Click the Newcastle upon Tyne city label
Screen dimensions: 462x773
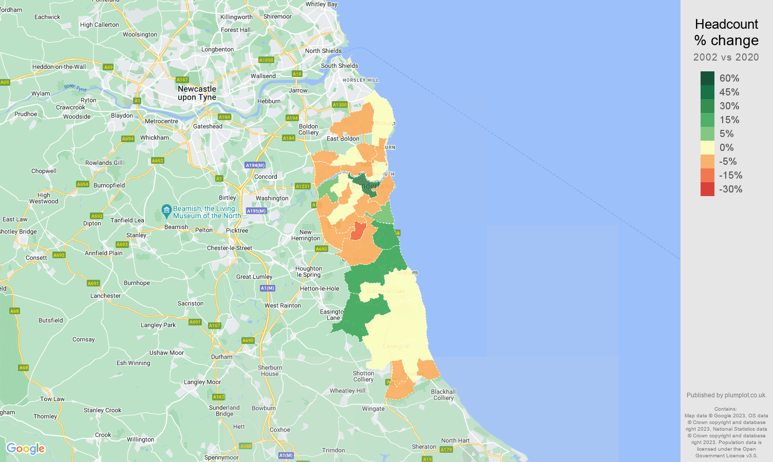click(x=197, y=93)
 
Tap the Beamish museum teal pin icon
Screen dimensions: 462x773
click(x=166, y=209)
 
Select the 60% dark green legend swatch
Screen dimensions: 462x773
click(x=707, y=78)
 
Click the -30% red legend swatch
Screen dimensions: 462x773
click(x=707, y=189)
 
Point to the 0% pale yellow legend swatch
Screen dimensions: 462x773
click(x=707, y=147)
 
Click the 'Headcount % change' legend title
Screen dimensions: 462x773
click(x=726, y=32)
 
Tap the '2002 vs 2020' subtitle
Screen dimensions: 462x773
click(x=726, y=57)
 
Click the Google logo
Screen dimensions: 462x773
click(x=26, y=449)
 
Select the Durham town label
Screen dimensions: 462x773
click(x=222, y=357)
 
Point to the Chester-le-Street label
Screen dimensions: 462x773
click(x=230, y=248)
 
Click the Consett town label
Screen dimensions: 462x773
click(x=36, y=258)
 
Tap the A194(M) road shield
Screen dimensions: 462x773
click(x=255, y=165)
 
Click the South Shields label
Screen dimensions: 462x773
click(x=340, y=66)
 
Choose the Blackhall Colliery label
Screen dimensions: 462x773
click(x=443, y=395)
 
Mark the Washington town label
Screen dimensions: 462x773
click(x=272, y=198)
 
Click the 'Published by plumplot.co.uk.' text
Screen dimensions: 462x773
click(x=726, y=395)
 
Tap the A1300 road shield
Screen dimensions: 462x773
click(x=340, y=105)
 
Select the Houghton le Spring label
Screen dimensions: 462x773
click(x=309, y=272)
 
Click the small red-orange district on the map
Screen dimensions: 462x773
click(x=357, y=231)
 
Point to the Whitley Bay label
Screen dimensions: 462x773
click(x=322, y=4)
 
